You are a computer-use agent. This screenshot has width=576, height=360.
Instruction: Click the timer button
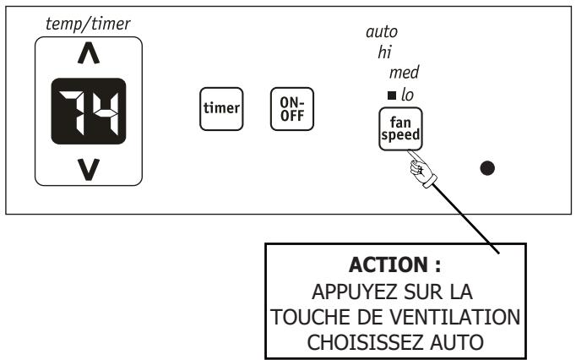pyautogui.click(x=220, y=108)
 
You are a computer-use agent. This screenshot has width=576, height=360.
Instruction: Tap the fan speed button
pyautogui.click(x=401, y=129)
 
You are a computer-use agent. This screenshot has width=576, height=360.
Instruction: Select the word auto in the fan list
pyautogui.click(x=381, y=32)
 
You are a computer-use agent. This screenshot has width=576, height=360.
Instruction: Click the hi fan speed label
pyautogui.click(x=385, y=52)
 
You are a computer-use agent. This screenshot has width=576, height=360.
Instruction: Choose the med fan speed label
pyautogui.click(x=404, y=73)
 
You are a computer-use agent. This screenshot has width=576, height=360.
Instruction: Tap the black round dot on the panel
pyautogui.click(x=487, y=166)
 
